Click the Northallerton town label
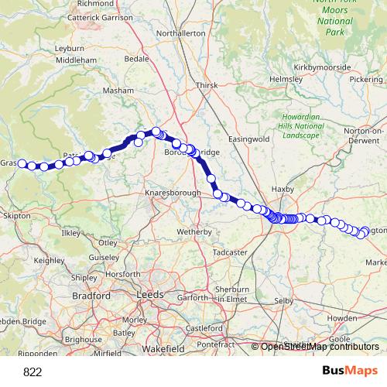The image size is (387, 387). [x=180, y=34]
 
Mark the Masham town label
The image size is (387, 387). [x=119, y=91]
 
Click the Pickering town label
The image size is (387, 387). [x=365, y=80]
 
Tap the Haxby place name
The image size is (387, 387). [x=283, y=188]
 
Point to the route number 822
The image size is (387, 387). [x=33, y=372]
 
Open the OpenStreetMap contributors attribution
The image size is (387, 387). [x=319, y=347]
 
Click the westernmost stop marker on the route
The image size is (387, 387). [x=23, y=164]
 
